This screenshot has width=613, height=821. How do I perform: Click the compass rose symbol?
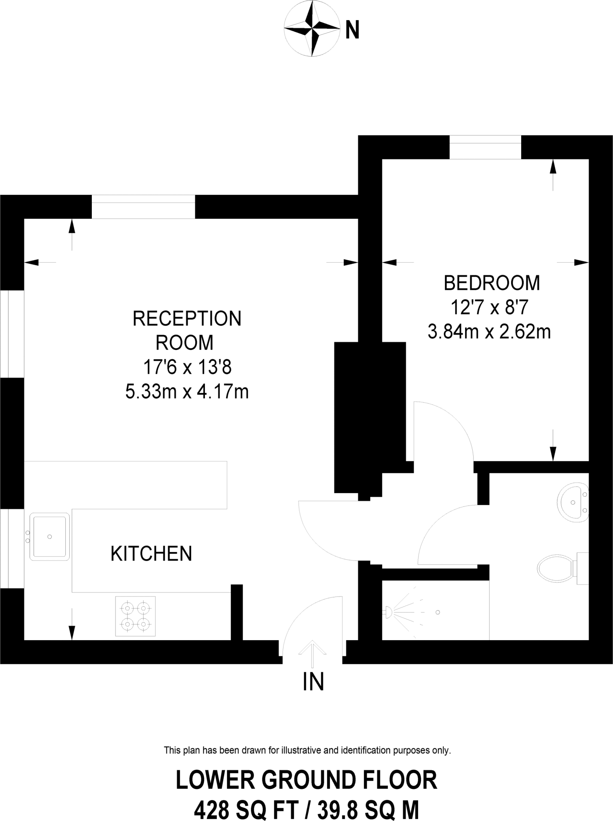click(312, 29)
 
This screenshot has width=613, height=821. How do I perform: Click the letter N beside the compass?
click(352, 30)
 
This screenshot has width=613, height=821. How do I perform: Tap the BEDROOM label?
click(492, 283)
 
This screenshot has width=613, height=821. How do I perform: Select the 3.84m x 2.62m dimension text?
click(489, 332)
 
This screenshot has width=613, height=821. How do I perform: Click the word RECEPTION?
click(187, 319)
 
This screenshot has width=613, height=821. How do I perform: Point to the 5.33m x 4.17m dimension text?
click(187, 392)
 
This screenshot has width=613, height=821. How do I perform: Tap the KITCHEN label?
click(151, 554)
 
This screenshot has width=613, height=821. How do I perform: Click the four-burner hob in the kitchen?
click(136, 616)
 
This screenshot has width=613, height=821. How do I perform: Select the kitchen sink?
click(49, 536)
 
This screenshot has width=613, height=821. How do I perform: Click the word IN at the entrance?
click(313, 681)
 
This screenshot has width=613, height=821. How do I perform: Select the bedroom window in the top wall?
click(485, 147)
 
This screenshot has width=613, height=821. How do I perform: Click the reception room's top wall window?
click(143, 207)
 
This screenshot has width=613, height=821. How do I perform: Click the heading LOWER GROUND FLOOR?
click(306, 780)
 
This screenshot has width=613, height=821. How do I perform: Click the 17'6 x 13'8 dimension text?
click(187, 367)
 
